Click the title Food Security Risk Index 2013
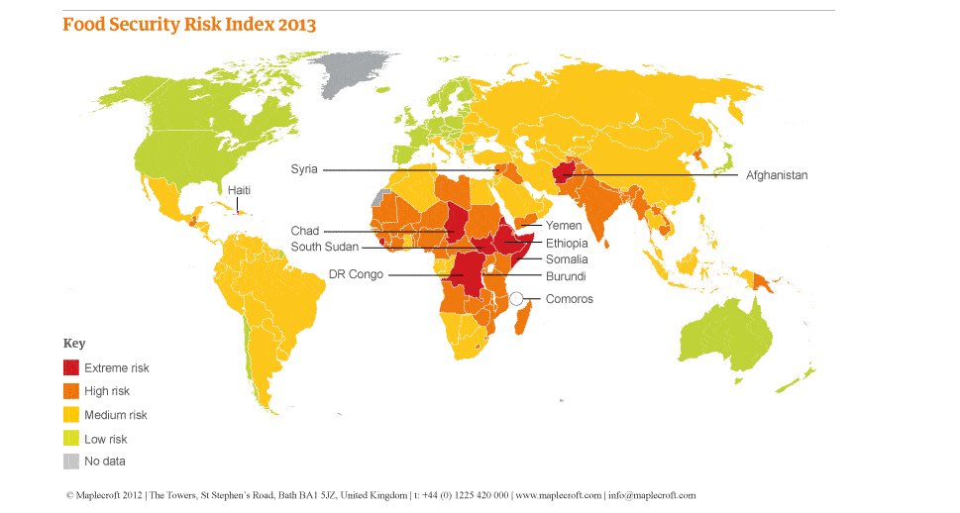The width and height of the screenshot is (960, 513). point(189,25)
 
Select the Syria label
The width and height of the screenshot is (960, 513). point(304,169)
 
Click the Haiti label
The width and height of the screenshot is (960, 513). point(239,189)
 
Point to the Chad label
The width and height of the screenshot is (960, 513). point(305,231)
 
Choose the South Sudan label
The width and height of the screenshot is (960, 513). point(324,247)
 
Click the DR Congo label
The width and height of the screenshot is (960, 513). point(356,274)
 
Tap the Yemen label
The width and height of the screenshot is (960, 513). point(564,226)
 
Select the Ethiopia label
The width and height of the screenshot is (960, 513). point(567,243)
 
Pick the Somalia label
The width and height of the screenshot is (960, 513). point(567,258)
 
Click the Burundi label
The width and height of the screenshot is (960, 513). point(565,275)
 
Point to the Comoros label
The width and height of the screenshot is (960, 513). point(570,299)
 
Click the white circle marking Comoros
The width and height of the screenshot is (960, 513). point(517,298)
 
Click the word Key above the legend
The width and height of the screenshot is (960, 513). point(74,344)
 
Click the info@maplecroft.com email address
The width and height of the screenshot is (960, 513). point(652,495)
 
